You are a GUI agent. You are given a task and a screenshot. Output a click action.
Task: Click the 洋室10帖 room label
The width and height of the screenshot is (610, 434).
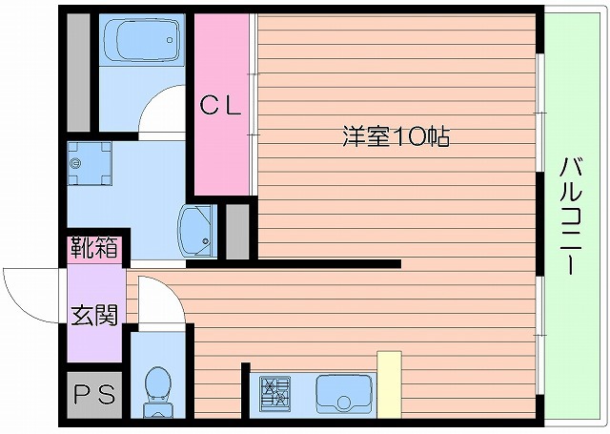click(x=396, y=136)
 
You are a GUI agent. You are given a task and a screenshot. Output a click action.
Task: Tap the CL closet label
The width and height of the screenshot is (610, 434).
click(x=221, y=106)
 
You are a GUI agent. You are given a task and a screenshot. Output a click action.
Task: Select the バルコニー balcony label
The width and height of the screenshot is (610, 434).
click(x=571, y=214)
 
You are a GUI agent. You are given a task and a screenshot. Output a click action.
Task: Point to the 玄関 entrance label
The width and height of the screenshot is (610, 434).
click(x=93, y=313)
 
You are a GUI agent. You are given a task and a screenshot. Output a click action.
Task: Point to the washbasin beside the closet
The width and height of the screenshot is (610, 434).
click(x=197, y=231)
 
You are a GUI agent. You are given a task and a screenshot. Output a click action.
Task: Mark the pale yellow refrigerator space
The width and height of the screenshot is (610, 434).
click(x=389, y=384)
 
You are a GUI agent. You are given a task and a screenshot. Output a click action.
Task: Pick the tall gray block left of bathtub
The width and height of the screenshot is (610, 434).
click(x=79, y=72)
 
